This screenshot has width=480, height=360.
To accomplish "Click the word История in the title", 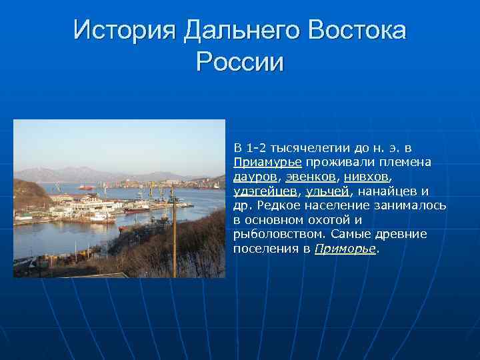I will click(x=123, y=30).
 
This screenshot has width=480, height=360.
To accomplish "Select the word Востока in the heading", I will click(x=354, y=30).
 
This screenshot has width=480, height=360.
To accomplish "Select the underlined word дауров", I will click(x=255, y=177).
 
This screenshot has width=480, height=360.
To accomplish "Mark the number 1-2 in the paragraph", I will click(x=256, y=147).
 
